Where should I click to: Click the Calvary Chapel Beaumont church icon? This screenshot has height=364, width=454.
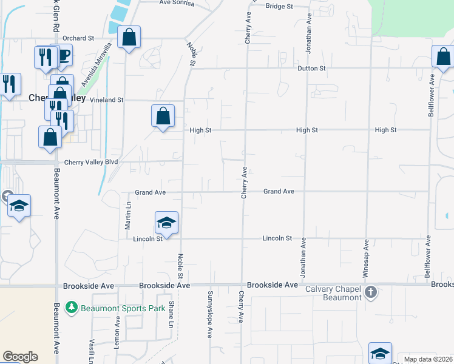(x=371, y=293)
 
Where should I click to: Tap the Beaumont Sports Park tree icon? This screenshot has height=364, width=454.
(x=72, y=308)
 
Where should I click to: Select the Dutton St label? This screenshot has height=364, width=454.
(x=312, y=69)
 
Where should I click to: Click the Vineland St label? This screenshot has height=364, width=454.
(x=107, y=99)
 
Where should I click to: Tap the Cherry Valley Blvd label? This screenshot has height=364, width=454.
(x=90, y=163)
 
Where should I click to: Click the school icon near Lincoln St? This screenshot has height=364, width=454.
(x=166, y=221)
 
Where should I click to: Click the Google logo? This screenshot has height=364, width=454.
(x=20, y=357)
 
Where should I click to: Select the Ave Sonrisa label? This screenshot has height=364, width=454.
(x=177, y=3)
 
